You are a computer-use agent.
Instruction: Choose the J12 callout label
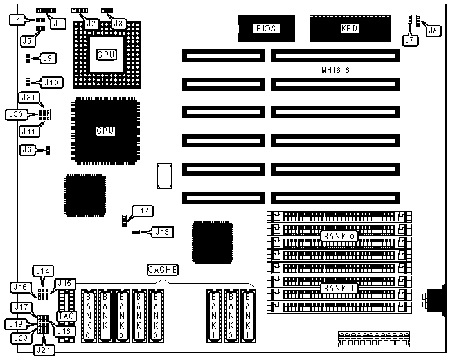tap(141, 210)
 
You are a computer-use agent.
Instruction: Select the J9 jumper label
tap(48, 58)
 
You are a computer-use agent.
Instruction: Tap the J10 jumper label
tap(52, 82)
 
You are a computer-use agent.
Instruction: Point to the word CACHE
tap(162, 269)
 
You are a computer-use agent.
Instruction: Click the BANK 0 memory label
tap(339, 236)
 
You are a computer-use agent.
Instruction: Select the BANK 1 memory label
tap(339, 287)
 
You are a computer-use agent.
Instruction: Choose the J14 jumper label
tap(43, 271)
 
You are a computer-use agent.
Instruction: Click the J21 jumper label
tap(46, 350)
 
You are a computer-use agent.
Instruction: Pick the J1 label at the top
tap(59, 24)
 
